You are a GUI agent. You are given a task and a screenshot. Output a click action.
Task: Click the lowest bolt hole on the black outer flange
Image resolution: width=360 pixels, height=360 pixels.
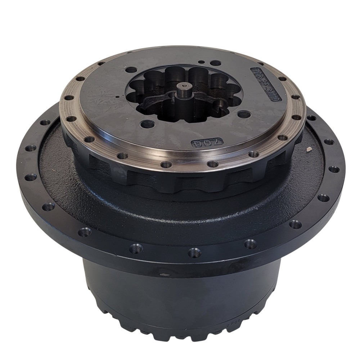[194, 253]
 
